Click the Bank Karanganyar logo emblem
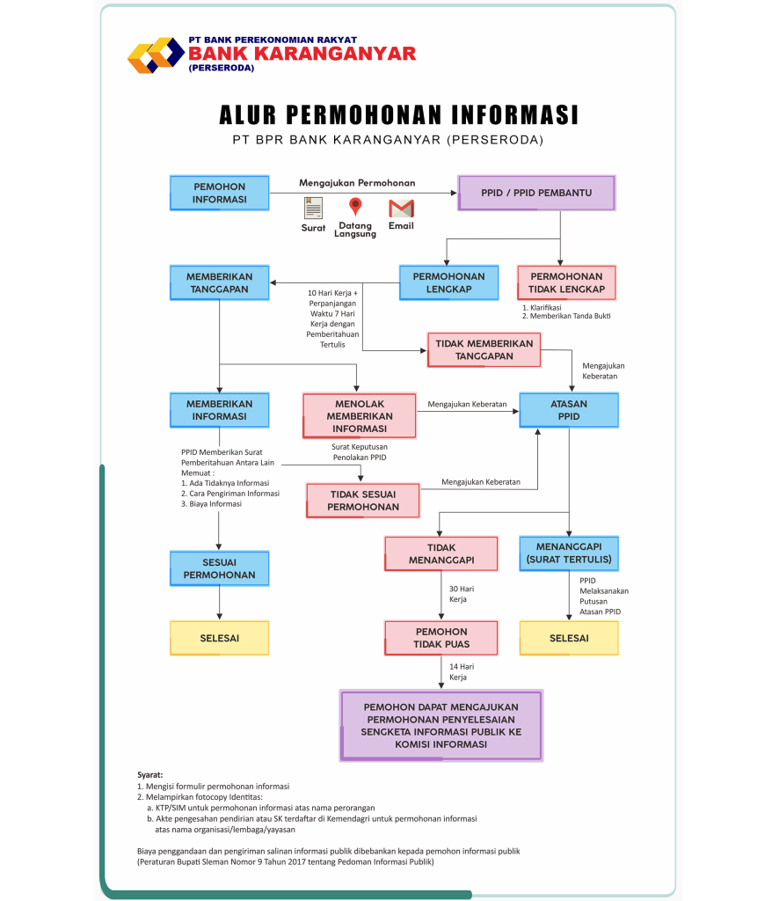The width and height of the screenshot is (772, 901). pos(156,55)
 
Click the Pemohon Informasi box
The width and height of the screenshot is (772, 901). pos(220,193)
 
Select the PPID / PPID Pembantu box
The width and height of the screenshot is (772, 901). pos(536,193)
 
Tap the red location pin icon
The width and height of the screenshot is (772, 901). pos(355,208)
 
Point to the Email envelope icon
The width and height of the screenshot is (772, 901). pos(401,209)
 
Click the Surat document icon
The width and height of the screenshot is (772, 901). pos(313,208)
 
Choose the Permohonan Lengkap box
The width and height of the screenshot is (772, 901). pos(448,282)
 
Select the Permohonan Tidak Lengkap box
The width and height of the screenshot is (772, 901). pos(567,282)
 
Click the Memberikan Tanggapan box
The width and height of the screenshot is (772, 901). pos(219,282)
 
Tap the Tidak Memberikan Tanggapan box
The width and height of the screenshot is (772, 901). pos(484,349)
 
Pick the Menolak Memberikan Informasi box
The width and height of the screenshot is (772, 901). pos(360,415)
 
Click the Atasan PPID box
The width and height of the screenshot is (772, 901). pos(569,410)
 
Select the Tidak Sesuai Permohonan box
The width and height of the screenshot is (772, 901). pos(363,500)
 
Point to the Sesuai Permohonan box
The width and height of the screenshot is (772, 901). pos(219,568)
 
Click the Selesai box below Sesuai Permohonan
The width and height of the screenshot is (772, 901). pos(219,638)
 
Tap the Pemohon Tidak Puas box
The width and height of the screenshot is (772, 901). pos(441,638)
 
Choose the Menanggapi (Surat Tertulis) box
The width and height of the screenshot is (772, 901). pos(569,553)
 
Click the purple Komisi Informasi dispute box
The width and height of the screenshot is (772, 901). pos(441,725)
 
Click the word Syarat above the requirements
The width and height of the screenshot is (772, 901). pos(150,774)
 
